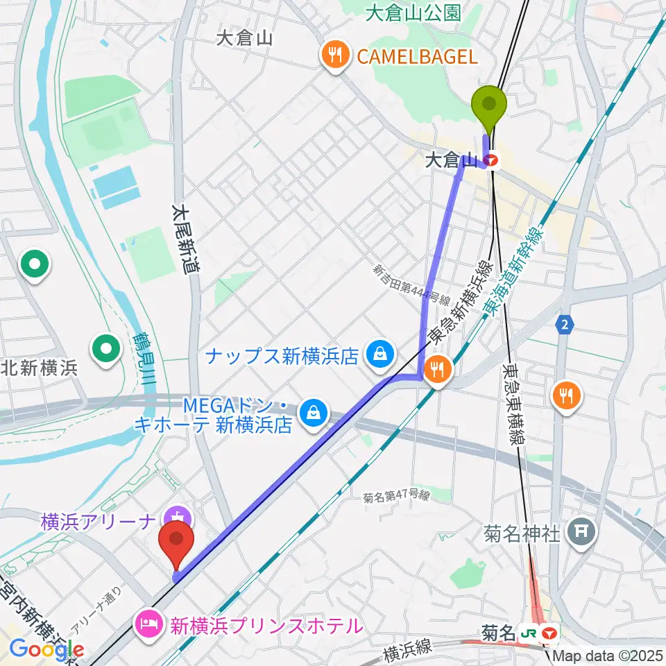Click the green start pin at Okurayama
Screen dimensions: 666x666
tap(489, 106)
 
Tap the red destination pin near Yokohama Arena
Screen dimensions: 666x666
tap(177, 540)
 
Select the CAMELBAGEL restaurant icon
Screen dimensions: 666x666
tap(336, 56)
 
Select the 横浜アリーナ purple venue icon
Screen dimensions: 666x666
tap(178, 517)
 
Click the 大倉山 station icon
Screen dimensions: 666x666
tap(493, 161)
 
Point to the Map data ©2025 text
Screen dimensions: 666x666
tap(606, 654)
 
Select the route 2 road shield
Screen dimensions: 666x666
tap(565, 325)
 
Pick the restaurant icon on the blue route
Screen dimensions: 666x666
tap(437, 370)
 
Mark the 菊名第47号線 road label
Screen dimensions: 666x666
tap(396, 497)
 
